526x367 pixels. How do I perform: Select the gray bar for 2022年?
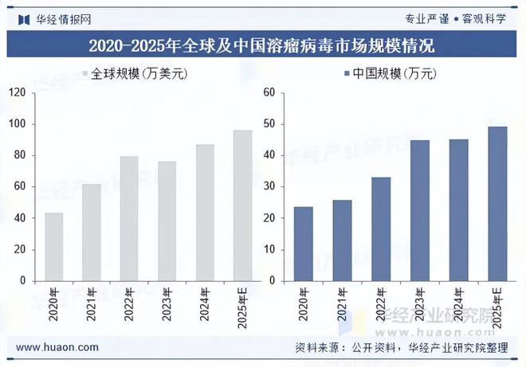pos(129,218)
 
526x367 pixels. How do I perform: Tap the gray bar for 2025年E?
pos(242,205)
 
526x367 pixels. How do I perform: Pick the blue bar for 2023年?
pos(421,210)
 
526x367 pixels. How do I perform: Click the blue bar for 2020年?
pos(304,244)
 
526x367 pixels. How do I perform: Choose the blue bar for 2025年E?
pos(497,204)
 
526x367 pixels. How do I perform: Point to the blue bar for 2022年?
pos(382,228)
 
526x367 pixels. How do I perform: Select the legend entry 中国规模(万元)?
pos(391,74)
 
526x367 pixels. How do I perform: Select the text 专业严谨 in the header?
pos(431,18)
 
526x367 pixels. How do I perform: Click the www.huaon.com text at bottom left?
pos(57,348)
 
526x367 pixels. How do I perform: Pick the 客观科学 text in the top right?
pos(487,18)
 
